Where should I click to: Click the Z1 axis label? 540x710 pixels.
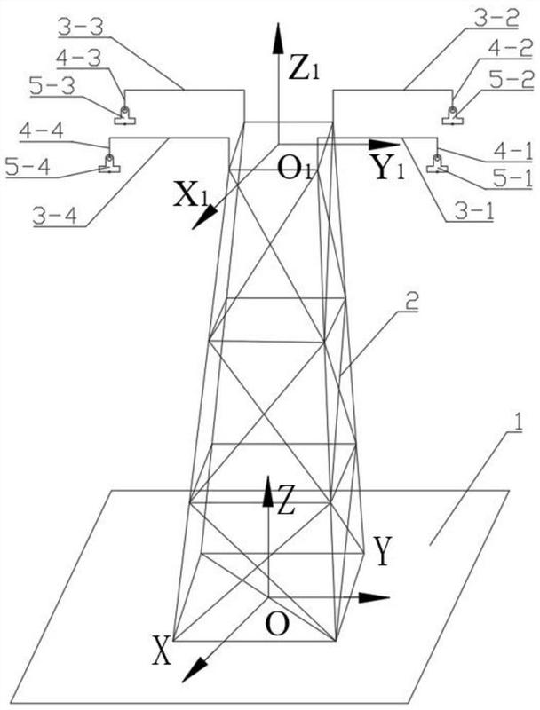pyautogui.click(x=305, y=68)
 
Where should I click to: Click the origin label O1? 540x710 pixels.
pyautogui.click(x=293, y=167)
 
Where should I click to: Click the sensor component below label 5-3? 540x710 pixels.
pyautogui.click(x=124, y=113)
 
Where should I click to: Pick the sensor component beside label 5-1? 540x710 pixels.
pyautogui.click(x=437, y=162)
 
